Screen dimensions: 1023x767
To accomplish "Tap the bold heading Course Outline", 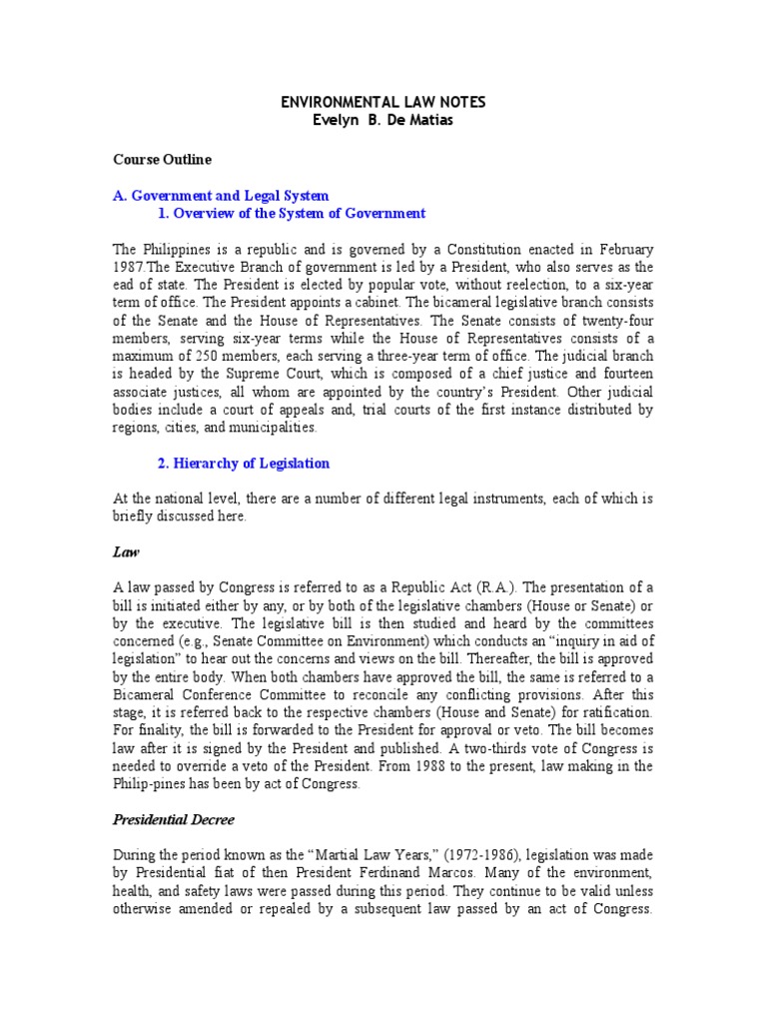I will coord(161,159).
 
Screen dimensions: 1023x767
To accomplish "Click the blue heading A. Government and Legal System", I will coord(221,196).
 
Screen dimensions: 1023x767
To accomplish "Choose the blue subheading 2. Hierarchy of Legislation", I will coord(244,464).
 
